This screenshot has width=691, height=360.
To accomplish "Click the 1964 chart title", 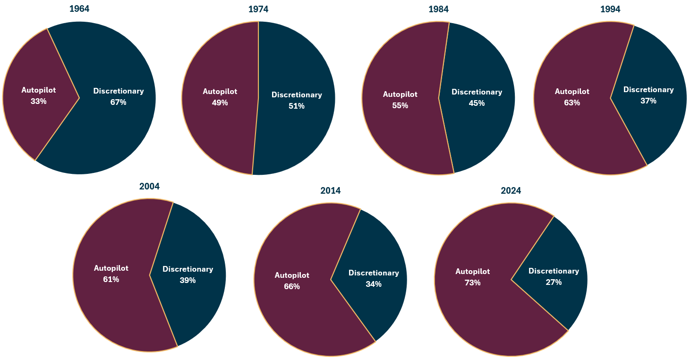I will tap(79, 9).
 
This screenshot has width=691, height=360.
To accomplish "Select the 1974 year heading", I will tap(258, 9).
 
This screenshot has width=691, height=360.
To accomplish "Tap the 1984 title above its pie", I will tap(439, 9).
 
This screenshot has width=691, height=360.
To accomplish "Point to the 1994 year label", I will tap(610, 9).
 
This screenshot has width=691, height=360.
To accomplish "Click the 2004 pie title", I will tap(149, 187).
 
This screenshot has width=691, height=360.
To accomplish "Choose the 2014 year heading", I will tap(330, 191).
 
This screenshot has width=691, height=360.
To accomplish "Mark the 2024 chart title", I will tap(511, 191).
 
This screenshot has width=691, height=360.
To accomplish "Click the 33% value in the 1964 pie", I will tap(38, 101).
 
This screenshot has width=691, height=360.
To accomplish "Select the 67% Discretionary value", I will tap(118, 102).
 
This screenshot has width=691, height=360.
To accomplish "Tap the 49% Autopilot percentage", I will tap(220, 103).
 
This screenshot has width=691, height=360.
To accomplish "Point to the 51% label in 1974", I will tap(297, 106).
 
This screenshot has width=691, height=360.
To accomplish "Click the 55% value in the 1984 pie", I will tap(400, 105).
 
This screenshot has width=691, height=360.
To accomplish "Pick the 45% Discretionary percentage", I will tap(477, 103).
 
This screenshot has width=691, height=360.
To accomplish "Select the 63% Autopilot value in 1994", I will tap(572, 103).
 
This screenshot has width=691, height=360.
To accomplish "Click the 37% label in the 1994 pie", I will tap(648, 101).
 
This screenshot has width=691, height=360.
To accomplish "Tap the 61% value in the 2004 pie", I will tap(111, 279).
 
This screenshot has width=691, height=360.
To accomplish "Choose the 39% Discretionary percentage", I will tap(188, 280).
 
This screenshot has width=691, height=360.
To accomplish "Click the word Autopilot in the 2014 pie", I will tap(292, 275).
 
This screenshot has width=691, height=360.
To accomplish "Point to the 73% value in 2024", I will tap(472, 283).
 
